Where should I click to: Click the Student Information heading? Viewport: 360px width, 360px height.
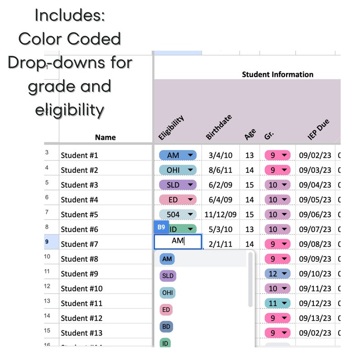[277, 74]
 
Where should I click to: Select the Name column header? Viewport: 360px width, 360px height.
[105, 137]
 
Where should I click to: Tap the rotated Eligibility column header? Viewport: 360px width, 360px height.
[171, 127]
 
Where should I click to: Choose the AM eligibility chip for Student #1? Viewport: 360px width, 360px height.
[177, 155]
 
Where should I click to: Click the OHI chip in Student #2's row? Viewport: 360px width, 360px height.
[177, 170]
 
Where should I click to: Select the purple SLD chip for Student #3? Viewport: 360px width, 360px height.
[177, 185]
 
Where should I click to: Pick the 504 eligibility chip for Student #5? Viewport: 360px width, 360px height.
[177, 214]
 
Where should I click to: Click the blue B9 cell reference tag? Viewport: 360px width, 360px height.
[161, 227]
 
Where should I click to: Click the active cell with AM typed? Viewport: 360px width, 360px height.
[178, 241]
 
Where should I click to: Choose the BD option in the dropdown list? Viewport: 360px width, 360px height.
[166, 326]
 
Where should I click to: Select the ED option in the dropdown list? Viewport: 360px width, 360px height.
[166, 310]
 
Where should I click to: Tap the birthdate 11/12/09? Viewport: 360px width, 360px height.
[221, 214]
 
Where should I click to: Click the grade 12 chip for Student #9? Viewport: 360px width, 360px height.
[277, 273]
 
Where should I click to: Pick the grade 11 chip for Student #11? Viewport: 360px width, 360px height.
[277, 303]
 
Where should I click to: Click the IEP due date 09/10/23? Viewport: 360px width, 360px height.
[315, 273]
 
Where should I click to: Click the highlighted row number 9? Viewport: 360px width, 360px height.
[47, 242]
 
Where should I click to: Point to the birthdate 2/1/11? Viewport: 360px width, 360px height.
[221, 244]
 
